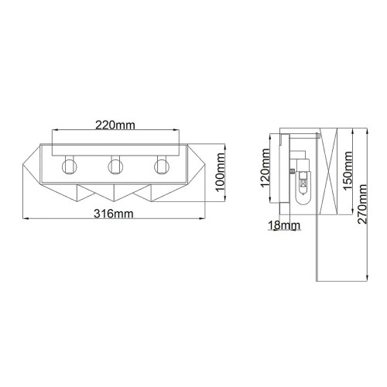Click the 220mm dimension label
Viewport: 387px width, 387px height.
coord(115,123)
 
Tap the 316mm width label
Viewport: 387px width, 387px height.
coord(115,213)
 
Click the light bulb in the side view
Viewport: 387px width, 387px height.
coord(304,187)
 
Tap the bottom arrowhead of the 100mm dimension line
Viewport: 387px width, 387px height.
coord(225,202)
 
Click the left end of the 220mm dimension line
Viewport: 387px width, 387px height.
coord(53,132)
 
